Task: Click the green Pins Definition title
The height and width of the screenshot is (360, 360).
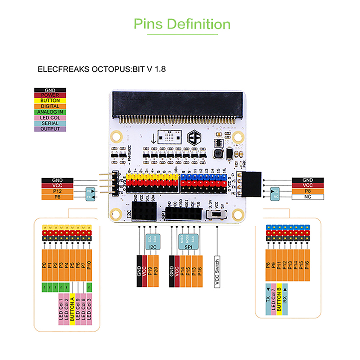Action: pyautogui.click(x=182, y=24)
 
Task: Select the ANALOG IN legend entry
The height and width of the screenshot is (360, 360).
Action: pyautogui.click(x=50, y=112)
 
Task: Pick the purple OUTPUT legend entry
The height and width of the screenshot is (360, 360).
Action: pyautogui.click(x=50, y=129)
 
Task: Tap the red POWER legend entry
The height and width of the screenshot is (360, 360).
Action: pyautogui.click(x=50, y=95)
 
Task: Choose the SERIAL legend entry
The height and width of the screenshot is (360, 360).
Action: pyautogui.click(x=50, y=123)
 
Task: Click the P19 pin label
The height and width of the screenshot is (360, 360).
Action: pyautogui.click(x=150, y=270)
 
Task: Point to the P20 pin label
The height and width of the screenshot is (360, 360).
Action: pyautogui.click(x=156, y=270)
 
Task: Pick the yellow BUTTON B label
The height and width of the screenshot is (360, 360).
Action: pyautogui.click(x=279, y=301)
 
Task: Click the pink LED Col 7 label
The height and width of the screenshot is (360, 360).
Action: pyautogui.click(x=274, y=301)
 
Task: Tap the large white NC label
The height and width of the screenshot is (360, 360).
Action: pyautogui.click(x=308, y=197)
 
